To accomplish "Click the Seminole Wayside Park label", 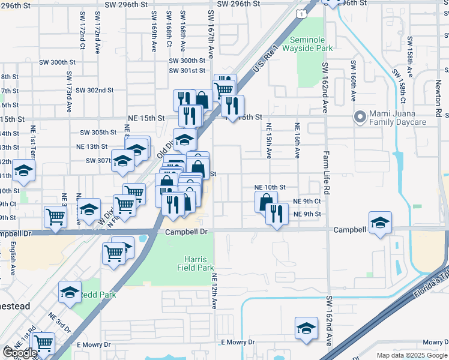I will click(x=311, y=44).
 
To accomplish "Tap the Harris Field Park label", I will click(x=194, y=262).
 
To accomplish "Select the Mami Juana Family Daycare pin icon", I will click(x=360, y=117).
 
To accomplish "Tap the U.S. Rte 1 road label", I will click(x=267, y=60).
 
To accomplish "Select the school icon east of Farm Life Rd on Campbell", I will click(x=380, y=222).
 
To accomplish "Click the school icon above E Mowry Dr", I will click(x=306, y=328).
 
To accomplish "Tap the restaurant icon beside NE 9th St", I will click(x=277, y=214).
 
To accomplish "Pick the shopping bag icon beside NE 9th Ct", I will click(x=266, y=201).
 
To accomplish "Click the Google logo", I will click(x=19, y=353).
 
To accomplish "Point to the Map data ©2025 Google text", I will click(x=411, y=355).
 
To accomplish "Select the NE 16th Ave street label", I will click(x=297, y=140).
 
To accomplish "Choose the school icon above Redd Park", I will click(x=70, y=292).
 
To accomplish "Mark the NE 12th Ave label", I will click(x=214, y=291).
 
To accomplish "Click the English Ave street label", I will click(x=13, y=259).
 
